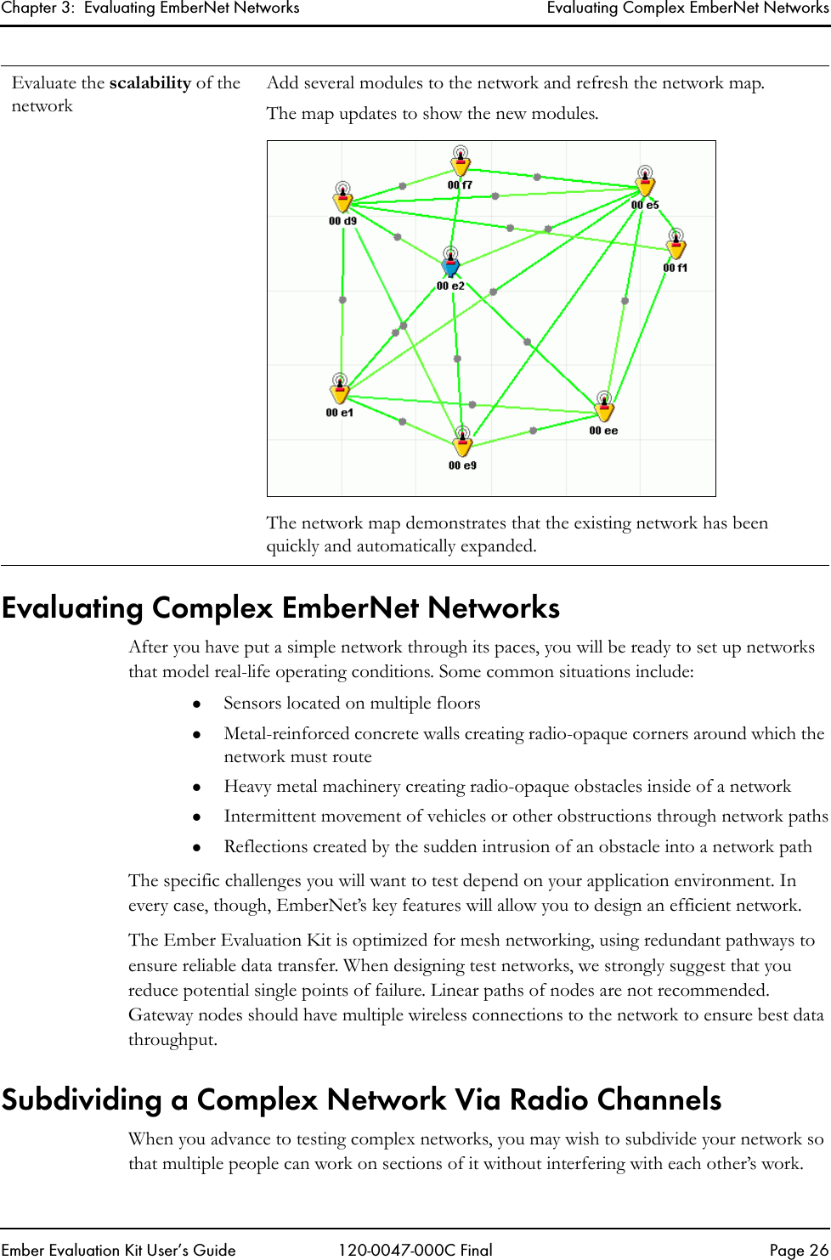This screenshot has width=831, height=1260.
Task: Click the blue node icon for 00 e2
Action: point(450,264)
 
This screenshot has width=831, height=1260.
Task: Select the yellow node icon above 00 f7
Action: point(461,164)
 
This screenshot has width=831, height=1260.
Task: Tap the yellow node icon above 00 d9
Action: point(342,200)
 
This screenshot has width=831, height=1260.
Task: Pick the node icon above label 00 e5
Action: point(645,184)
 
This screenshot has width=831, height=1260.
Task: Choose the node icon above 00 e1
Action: point(340,392)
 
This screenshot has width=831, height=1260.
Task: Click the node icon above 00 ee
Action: point(604,410)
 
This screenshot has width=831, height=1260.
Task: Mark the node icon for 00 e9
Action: point(462,444)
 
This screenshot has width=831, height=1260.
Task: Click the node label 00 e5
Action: point(645,205)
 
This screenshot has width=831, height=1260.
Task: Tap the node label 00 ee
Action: point(604,431)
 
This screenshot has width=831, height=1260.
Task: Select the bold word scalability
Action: point(150,83)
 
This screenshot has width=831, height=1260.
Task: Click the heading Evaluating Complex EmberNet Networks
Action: point(280,607)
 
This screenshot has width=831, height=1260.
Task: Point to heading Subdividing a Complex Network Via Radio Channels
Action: point(361,1099)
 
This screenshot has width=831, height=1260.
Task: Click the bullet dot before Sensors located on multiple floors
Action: point(195,703)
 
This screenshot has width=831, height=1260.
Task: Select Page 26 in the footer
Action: point(798,1250)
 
